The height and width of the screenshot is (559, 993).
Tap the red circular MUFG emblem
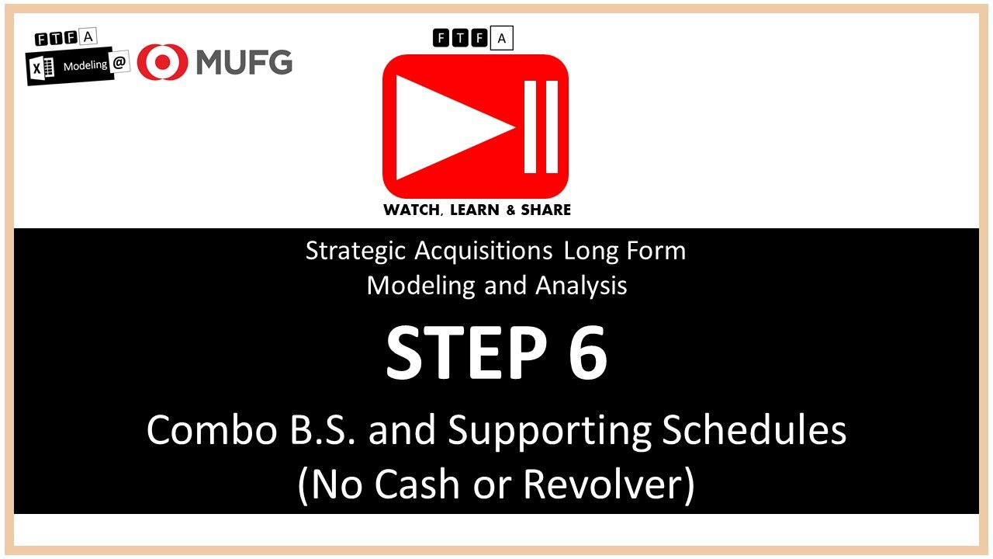(162, 62)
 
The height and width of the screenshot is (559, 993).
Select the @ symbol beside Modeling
(120, 64)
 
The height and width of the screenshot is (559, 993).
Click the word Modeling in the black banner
(85, 66)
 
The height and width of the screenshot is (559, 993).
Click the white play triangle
(450, 127)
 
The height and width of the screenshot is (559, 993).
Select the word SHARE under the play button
(545, 210)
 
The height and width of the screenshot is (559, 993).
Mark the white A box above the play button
(502, 37)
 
